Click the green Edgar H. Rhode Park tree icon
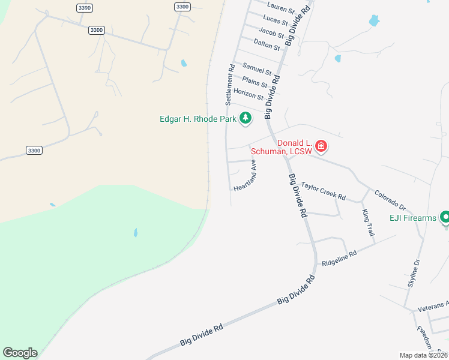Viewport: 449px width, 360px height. pyautogui.click(x=245, y=119)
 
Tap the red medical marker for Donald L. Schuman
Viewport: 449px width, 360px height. pyautogui.click(x=321, y=146)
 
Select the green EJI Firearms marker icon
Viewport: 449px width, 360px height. pyautogui.click(x=445, y=217)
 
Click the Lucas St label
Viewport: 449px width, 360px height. pyautogui.click(x=276, y=20)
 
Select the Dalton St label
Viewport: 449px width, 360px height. pyautogui.click(x=267, y=44)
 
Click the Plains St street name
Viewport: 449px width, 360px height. pyautogui.click(x=254, y=82)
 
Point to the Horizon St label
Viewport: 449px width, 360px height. pyautogui.click(x=249, y=94)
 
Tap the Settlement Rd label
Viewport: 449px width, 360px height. pyautogui.click(x=229, y=85)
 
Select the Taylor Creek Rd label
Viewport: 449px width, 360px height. pyautogui.click(x=324, y=191)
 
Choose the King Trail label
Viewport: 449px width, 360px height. pyautogui.click(x=368, y=223)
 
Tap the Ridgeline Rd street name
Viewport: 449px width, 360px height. pyautogui.click(x=339, y=258)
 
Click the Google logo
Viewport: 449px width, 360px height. pyautogui.click(x=20, y=353)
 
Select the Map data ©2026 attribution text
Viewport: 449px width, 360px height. pyautogui.click(x=424, y=355)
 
